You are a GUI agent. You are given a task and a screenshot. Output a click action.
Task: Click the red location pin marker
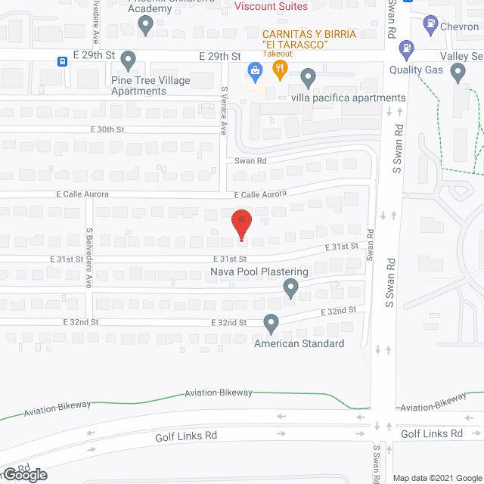(241, 225)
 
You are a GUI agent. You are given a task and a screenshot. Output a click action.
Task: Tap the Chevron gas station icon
(430, 26)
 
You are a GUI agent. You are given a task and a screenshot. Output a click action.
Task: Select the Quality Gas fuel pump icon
(406, 51)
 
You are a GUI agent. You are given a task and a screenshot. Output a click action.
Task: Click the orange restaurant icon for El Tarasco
(280, 69)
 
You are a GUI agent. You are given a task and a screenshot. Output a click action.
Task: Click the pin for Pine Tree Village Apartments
(128, 59)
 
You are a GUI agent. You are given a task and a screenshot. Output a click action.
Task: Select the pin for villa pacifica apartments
(307, 76)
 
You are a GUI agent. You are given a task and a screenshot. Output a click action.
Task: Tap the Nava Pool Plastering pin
(290, 287)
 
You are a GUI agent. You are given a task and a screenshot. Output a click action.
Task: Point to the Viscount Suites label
(271, 7)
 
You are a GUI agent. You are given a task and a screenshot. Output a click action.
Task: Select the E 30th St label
(104, 129)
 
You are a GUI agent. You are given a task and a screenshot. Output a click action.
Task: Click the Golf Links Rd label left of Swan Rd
(187, 436)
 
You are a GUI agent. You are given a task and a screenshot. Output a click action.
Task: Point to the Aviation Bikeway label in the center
(219, 393)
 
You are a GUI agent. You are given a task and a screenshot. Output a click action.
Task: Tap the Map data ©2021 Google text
(436, 478)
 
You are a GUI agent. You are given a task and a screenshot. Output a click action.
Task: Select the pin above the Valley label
(458, 73)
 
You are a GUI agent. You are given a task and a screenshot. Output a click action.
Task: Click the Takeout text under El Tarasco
(278, 54)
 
